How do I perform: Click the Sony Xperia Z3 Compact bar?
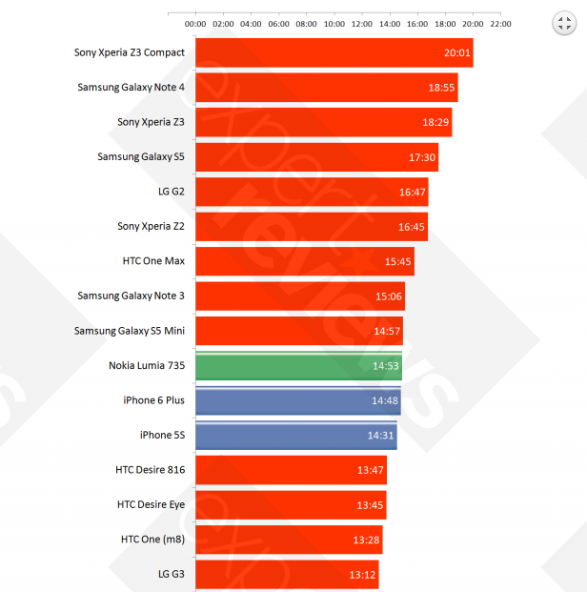tap(334, 52)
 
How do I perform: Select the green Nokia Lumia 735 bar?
tap(298, 366)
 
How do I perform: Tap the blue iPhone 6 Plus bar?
tap(297, 401)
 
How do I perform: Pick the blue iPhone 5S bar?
tap(295, 436)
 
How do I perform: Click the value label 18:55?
tap(442, 88)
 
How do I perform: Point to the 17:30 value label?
tap(422, 157)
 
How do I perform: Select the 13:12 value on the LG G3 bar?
tap(363, 575)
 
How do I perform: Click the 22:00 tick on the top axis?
tap(500, 24)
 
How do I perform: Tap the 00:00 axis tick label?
tap(195, 24)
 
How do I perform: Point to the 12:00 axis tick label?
tap(362, 24)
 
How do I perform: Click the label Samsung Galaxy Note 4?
tap(132, 88)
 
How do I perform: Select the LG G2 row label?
tap(172, 192)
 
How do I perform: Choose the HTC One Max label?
tap(153, 261)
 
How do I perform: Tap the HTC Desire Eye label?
tap(151, 505)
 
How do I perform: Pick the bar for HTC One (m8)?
tap(289, 540)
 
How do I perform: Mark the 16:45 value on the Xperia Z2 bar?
tap(413, 227)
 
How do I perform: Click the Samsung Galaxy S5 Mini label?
tap(130, 331)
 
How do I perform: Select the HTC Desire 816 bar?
tap(291, 470)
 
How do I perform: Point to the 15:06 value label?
tap(390, 296)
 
